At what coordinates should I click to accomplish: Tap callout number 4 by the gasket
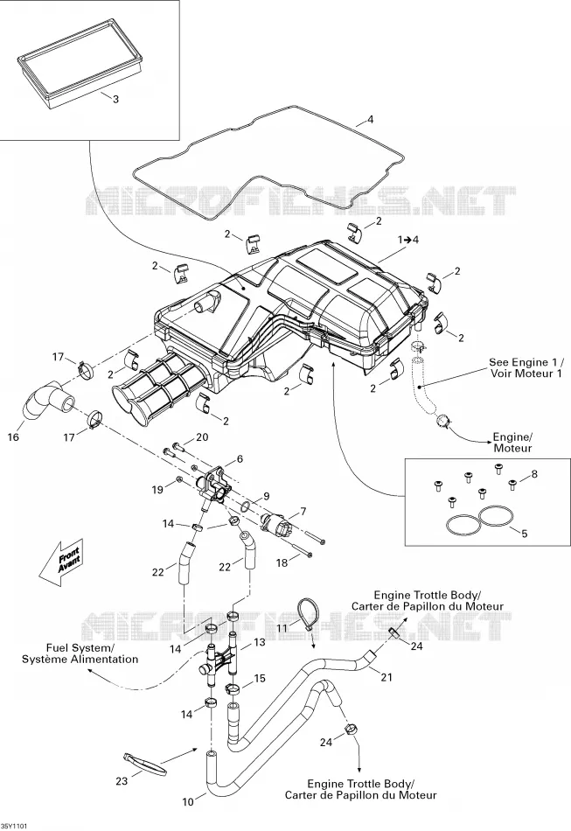pyautogui.click(x=370, y=119)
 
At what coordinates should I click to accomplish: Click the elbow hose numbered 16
pyautogui.click(x=46, y=402)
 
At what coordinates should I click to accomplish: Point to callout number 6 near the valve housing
pyautogui.click(x=240, y=458)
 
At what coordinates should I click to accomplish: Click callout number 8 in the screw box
pyautogui.click(x=534, y=474)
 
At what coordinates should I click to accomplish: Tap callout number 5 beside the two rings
pyautogui.click(x=525, y=534)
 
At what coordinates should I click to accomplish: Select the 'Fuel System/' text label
pyautogui.click(x=80, y=647)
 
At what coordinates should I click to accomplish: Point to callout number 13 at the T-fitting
pyautogui.click(x=260, y=642)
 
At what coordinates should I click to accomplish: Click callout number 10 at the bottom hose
pyautogui.click(x=188, y=802)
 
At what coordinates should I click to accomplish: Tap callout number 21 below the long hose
pyautogui.click(x=386, y=677)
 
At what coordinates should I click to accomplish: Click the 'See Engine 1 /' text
pyautogui.click(x=526, y=362)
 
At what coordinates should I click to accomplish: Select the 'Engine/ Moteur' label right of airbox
pyautogui.click(x=512, y=443)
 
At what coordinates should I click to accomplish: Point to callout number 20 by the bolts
pyautogui.click(x=202, y=437)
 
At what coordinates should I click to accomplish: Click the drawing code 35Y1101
pyautogui.click(x=14, y=826)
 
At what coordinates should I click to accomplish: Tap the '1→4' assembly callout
pyautogui.click(x=408, y=240)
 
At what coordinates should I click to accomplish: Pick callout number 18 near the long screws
pyautogui.click(x=282, y=562)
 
